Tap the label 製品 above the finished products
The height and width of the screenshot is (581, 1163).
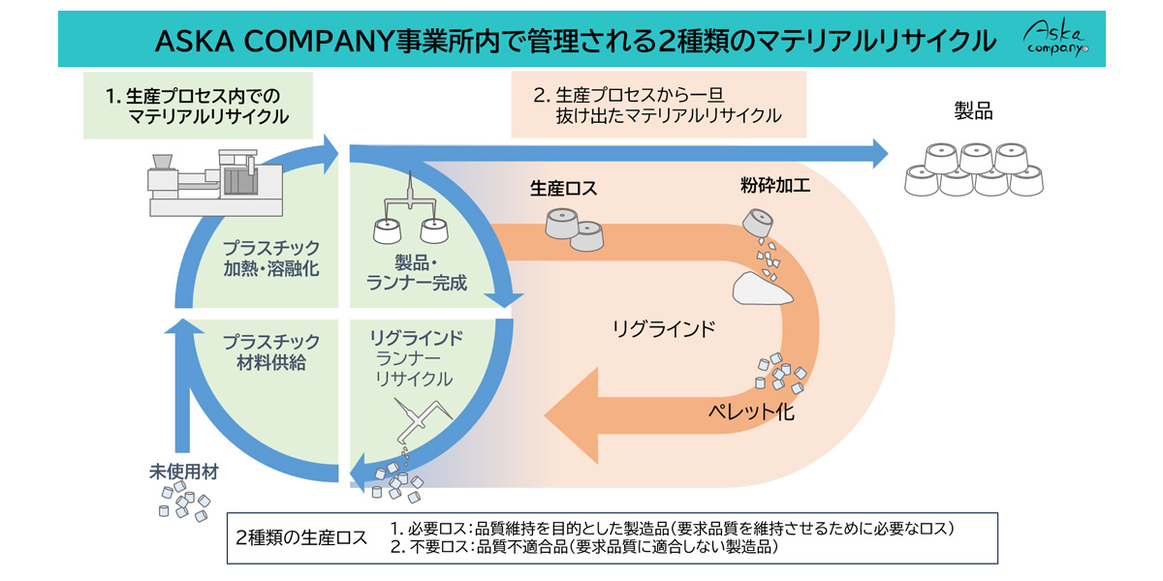pyautogui.click(x=973, y=111)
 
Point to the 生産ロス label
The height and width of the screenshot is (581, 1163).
pyautogui.click(x=563, y=189)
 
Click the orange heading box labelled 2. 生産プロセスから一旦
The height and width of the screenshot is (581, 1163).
pyautogui.click(x=658, y=106)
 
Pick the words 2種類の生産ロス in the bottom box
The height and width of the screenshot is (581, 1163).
pyautogui.click(x=301, y=538)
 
